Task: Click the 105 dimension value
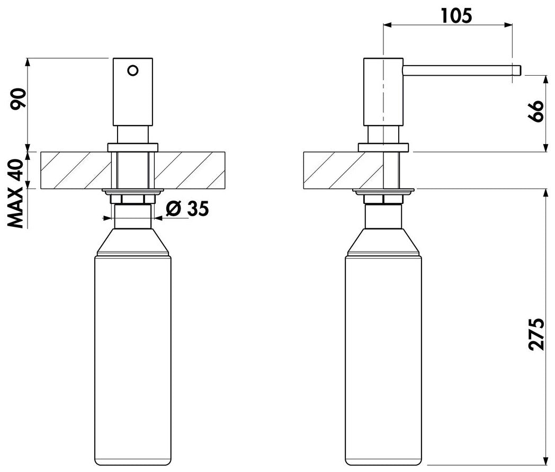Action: point(456,15)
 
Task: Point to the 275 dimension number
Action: point(536,334)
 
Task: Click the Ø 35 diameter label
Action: point(187,209)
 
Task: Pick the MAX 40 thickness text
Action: point(15,193)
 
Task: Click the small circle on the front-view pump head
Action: point(133,70)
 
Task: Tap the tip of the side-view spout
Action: point(521,70)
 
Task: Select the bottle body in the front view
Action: point(133,360)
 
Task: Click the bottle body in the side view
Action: point(383,360)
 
